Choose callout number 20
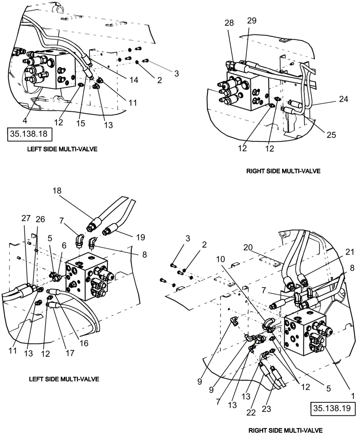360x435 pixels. [x=248, y=247]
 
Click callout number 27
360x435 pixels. [x=26, y=218]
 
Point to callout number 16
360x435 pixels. [x=83, y=343]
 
